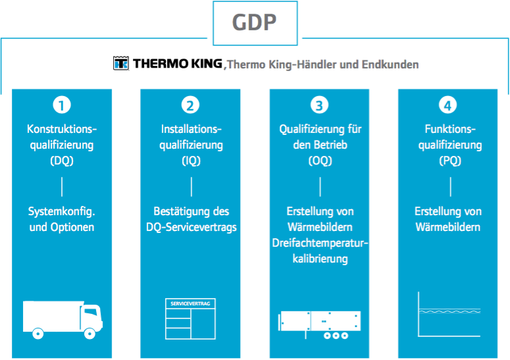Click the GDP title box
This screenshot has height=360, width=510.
pos(255,23)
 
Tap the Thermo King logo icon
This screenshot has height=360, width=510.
pos(121,63)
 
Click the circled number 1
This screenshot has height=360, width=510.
pos(62,105)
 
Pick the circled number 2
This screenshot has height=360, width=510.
pos(190,105)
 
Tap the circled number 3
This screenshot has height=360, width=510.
pos(319,105)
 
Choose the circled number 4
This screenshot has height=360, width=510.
pos(448,105)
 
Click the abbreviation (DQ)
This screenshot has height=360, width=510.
pos(62,161)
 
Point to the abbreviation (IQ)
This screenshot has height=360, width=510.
pos(191,161)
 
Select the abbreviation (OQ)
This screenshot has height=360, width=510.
pos(320,161)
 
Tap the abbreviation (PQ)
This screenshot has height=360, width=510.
pos(450,161)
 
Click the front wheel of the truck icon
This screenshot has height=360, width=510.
pos(89,333)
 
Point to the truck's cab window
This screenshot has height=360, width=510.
pos(90,312)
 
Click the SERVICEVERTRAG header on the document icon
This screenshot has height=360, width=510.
pos(190,303)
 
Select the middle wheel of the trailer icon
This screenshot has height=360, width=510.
pos(336,335)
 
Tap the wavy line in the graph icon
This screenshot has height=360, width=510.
pos(449,312)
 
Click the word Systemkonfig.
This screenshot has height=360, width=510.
pos(61,211)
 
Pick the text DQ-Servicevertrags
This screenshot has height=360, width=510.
pos(191,227)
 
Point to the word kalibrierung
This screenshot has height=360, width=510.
pos(320,259)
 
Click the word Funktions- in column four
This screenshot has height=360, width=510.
pos(450,129)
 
